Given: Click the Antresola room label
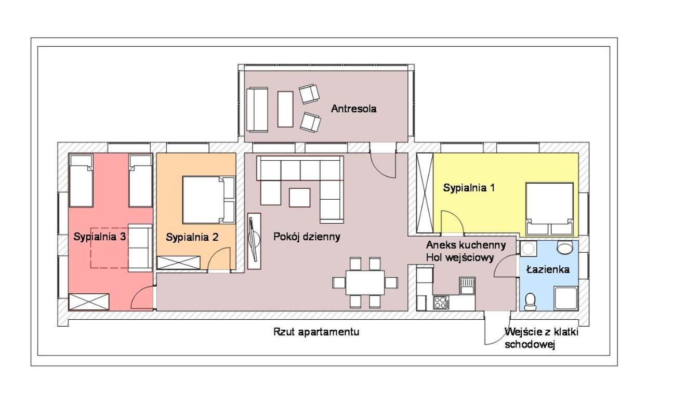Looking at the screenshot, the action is point(353,109).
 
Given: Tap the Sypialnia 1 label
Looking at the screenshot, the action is point(469,188).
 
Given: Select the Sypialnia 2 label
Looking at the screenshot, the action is point(192,237).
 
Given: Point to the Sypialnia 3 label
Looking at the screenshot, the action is point(100,237).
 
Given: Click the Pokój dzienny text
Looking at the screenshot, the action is point(307,237).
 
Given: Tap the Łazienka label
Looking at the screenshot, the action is point(548,269).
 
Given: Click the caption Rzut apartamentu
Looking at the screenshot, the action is point(316,332).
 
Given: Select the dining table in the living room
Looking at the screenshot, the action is point(365,282).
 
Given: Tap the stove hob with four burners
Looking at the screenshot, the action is point(441,303).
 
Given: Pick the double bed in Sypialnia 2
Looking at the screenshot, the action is point(209,200).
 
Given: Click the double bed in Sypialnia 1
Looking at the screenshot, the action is point(549,209).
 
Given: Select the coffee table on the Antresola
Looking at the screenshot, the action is point(285,109).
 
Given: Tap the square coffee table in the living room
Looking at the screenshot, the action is point(300,198).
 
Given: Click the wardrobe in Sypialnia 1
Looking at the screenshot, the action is point(425,193).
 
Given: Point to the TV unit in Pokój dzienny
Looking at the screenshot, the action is point(254,241).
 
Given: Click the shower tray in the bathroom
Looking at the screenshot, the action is point(566,298).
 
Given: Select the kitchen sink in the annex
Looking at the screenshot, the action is point(467,286).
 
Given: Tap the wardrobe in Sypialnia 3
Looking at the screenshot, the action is point(89,302).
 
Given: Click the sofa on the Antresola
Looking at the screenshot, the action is point(257,110).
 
